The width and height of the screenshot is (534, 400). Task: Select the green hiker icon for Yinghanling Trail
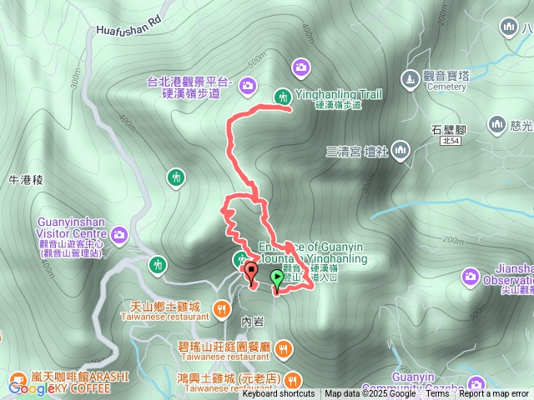283,95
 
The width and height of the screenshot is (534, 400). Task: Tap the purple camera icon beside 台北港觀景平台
248,84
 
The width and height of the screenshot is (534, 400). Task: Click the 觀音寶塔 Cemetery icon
410,78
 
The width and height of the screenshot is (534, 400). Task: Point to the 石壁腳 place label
448,130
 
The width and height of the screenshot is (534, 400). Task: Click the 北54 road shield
451,142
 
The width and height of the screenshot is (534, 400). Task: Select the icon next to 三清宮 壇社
401,151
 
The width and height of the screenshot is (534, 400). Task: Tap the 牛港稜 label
25,180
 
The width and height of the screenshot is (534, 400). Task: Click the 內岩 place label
251,321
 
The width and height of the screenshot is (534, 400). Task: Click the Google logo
32,387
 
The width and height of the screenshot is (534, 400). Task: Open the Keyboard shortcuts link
278,394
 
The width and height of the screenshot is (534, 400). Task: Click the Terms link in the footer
437,394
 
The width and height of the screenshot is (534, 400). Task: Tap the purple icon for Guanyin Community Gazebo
476,384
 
